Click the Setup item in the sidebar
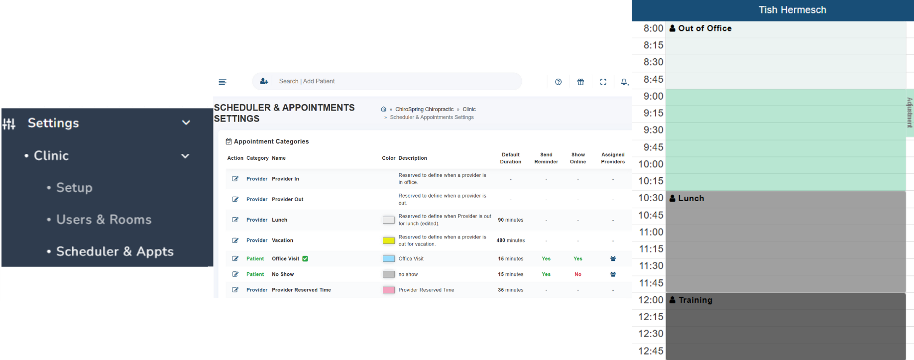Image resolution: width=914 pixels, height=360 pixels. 74,188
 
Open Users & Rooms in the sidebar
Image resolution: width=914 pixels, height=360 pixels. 104,220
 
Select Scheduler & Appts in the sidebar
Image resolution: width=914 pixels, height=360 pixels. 114,251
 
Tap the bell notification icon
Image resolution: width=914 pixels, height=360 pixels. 624,82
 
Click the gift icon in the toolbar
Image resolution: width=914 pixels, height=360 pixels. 580,82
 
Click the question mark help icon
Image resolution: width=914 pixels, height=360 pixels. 558,82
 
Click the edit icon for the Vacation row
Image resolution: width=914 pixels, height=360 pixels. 235,240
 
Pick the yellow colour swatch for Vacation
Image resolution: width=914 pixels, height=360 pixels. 388,240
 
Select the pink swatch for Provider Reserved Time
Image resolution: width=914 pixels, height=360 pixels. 388,290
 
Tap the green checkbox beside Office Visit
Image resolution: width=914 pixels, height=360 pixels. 305,259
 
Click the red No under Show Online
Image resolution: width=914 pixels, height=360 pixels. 578,274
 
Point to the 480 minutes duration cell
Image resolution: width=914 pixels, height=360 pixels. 510,240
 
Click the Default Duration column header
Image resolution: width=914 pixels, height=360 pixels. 511,158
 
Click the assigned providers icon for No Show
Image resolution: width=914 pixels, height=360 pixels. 613,274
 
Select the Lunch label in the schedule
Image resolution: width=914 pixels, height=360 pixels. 691,198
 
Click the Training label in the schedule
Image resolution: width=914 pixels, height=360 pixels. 695,300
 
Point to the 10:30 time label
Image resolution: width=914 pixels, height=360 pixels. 651,198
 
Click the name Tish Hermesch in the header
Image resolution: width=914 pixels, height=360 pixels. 792,10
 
